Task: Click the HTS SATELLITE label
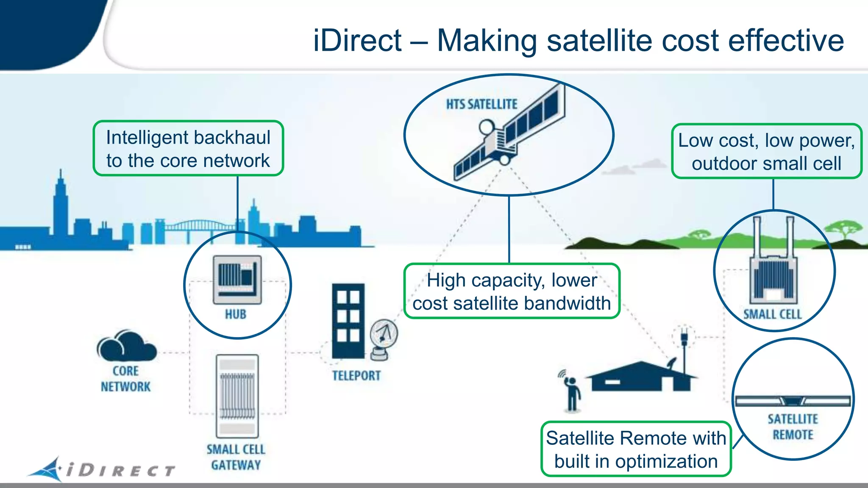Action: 481,104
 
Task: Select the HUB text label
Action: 235,314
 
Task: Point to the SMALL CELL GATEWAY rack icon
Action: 237,396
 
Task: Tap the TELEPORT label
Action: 356,376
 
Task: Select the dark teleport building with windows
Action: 348,321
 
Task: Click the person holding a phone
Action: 571,393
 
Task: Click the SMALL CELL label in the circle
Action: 772,314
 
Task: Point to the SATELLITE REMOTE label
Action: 793,427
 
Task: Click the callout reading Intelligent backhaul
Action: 188,148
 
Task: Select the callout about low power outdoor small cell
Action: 766,151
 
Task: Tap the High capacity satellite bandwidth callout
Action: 512,291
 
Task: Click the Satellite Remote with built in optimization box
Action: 636,449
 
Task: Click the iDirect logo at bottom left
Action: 102,469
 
